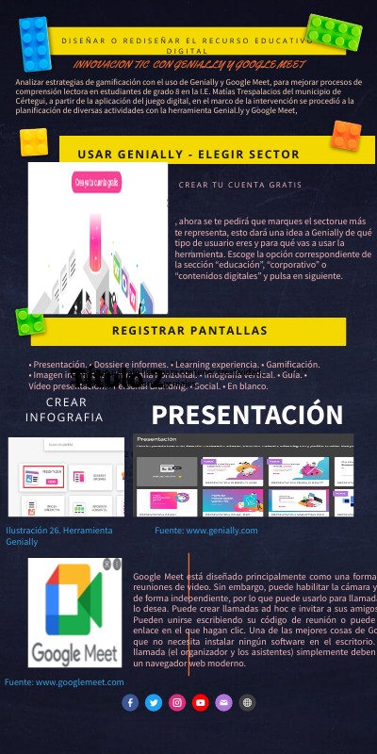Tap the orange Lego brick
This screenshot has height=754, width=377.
[346, 135]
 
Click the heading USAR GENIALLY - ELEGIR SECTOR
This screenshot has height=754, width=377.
[188, 155]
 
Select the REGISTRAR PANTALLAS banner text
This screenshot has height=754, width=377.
[189, 331]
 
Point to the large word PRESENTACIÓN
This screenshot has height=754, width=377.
[247, 415]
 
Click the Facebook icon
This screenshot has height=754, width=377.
[130, 702]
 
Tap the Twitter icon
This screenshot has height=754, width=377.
[154, 702]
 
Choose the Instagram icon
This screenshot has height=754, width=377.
[177, 702]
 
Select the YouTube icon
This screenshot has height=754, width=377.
[200, 702]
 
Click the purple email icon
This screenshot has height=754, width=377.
[223, 702]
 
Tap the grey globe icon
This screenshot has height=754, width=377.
[247, 702]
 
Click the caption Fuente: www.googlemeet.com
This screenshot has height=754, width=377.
[64, 681]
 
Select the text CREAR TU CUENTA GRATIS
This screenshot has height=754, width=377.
[239, 185]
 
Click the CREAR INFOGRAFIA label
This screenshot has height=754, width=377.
[64, 409]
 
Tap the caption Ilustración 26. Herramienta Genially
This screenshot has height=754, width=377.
[58, 536]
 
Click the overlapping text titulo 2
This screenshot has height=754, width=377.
[118, 380]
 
